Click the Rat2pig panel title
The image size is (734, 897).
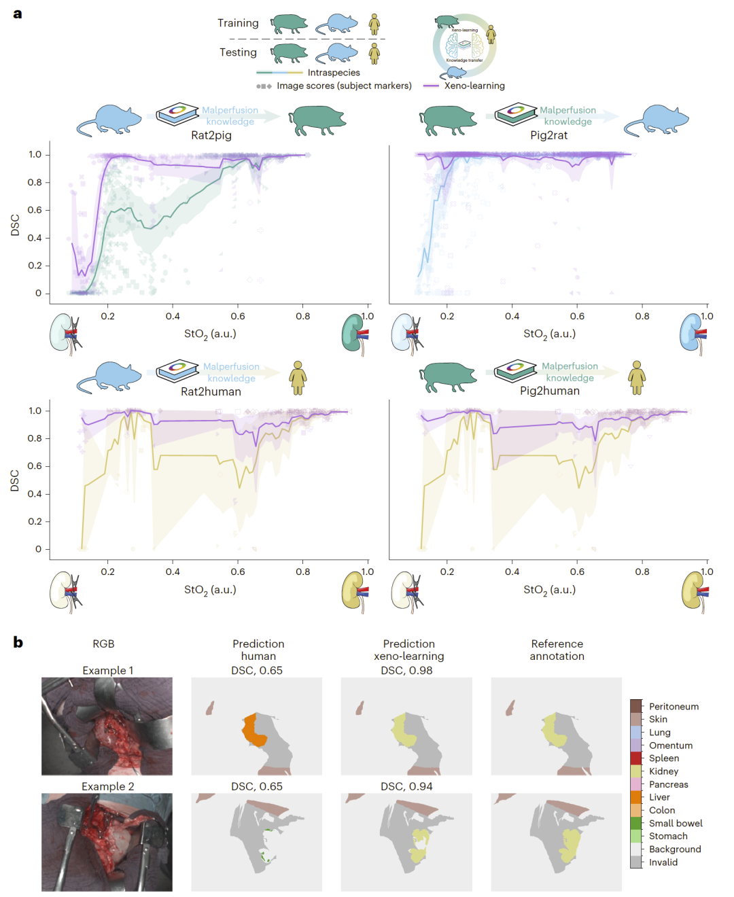(x=211, y=135)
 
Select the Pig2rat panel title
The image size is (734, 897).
(x=548, y=135)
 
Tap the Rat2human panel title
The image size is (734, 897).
(x=211, y=391)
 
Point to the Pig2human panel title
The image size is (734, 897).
(x=549, y=391)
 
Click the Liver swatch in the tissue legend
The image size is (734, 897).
(x=636, y=797)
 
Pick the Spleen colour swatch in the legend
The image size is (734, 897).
(x=636, y=758)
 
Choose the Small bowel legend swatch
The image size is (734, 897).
(x=636, y=823)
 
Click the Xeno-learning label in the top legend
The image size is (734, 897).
(x=474, y=86)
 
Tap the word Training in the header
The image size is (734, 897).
(x=238, y=23)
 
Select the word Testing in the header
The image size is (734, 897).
(x=238, y=52)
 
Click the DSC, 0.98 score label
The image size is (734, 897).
(x=406, y=671)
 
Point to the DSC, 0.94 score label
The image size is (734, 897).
(x=406, y=786)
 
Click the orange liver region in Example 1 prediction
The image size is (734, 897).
(x=254, y=731)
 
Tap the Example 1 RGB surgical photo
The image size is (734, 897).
(x=107, y=726)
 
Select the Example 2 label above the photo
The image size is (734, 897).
(x=107, y=786)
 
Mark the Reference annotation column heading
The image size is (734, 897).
(x=557, y=650)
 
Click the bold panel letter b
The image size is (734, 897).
(x=18, y=642)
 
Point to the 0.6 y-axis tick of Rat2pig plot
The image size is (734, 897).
(x=35, y=210)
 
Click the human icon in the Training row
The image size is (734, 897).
(x=374, y=24)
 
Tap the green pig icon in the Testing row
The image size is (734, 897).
(x=290, y=52)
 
